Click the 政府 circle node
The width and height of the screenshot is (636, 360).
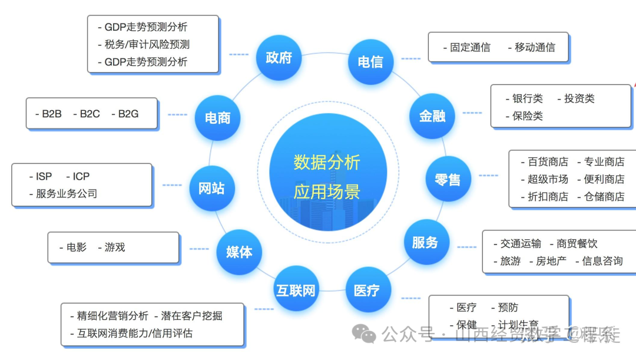pos(279,57)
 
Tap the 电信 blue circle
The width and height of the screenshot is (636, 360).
pos(370,61)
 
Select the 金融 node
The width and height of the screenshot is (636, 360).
pos(432,116)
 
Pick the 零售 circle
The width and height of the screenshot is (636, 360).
pos(448,180)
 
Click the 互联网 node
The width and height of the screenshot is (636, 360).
pos(296,290)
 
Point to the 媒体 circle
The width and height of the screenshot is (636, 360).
pos(239,252)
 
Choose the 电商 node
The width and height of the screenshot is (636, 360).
pos(217,118)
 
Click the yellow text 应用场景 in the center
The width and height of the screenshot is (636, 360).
pos(327,191)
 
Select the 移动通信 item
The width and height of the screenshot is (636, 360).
pos(535,47)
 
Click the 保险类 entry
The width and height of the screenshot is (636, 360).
pos(528,116)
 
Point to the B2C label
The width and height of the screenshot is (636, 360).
pos(90,114)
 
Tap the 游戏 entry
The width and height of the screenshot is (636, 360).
pos(115,247)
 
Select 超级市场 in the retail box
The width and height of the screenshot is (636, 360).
pos(548,179)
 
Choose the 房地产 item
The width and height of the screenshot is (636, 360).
pos(551,261)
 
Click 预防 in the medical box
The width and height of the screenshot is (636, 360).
pos(508,308)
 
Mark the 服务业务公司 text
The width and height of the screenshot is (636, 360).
pos(66,194)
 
